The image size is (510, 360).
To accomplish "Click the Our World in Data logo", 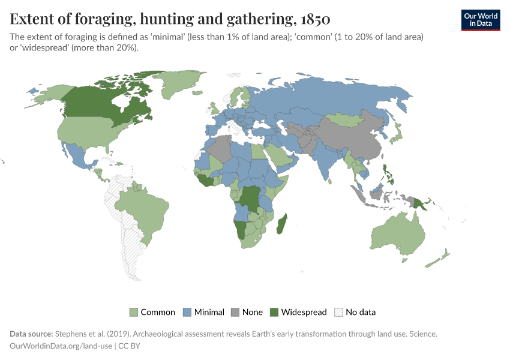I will click(480, 19).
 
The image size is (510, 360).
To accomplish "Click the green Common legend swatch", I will click(134, 312).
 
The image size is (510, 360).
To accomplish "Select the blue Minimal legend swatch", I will click(186, 312).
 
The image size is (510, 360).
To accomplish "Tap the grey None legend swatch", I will click(235, 312).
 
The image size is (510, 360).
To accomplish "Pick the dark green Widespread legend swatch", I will click(274, 312).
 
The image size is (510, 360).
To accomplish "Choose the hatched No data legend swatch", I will click(338, 312).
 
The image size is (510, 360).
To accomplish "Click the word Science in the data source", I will click(421, 334).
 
